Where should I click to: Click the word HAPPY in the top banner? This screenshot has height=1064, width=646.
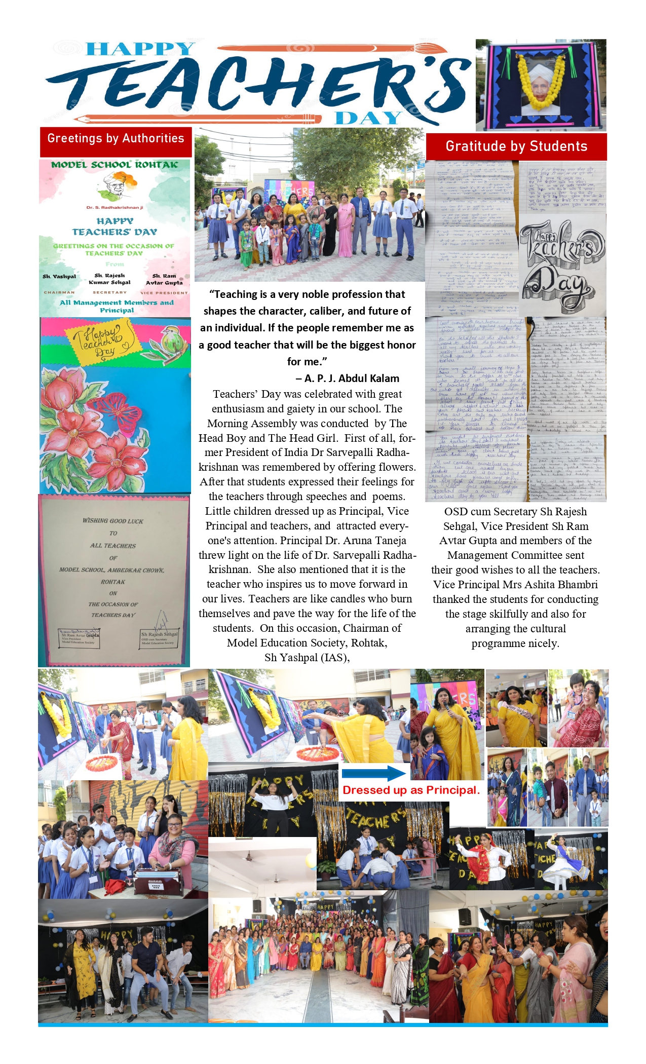(x=140, y=49)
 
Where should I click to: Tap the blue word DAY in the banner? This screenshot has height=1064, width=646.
(x=368, y=118)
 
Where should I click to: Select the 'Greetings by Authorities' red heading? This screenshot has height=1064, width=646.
(x=116, y=139)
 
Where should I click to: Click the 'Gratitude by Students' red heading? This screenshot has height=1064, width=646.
(x=516, y=146)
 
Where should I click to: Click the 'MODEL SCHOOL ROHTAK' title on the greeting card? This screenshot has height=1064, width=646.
(x=115, y=165)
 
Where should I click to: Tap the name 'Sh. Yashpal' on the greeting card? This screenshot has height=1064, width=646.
(x=59, y=277)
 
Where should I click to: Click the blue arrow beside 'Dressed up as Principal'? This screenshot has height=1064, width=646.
(x=374, y=773)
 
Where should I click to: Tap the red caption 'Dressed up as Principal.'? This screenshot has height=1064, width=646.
(x=410, y=790)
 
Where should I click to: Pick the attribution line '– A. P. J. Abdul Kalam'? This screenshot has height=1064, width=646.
(x=347, y=378)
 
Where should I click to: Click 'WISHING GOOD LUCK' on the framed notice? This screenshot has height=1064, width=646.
(x=113, y=521)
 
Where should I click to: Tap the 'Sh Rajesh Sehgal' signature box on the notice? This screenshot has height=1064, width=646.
(x=159, y=638)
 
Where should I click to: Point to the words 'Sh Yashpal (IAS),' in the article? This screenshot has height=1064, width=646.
(x=307, y=658)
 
